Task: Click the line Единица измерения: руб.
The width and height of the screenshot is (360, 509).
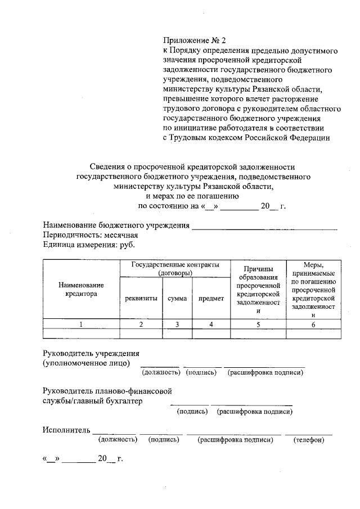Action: click(x=89, y=245)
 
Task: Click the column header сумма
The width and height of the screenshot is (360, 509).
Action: click(x=177, y=299)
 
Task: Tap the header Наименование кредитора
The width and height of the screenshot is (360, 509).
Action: click(x=81, y=289)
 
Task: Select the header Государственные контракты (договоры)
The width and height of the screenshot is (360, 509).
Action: click(x=175, y=268)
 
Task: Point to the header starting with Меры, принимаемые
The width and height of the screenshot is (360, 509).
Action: click(x=313, y=290)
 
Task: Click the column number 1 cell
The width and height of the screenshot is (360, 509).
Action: click(x=81, y=324)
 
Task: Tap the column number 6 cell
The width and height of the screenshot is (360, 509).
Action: click(x=313, y=324)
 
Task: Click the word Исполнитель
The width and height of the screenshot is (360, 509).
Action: click(x=66, y=430)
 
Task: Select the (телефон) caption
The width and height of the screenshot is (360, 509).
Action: click(x=309, y=440)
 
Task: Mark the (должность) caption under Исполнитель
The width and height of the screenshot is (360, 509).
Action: click(x=118, y=440)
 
